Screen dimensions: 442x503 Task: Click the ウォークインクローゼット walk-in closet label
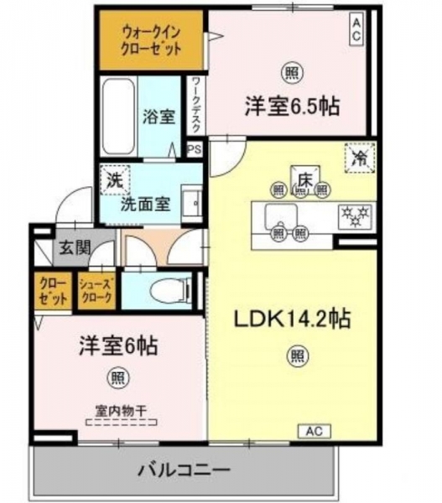coord(152,41)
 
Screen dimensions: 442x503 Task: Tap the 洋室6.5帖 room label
coord(292,106)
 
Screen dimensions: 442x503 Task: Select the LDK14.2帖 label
coord(292,319)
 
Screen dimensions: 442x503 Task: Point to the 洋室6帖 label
coord(118,345)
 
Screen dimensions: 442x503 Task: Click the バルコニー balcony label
coord(185,470)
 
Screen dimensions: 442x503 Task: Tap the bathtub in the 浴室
coord(117,117)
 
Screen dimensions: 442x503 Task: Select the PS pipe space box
coord(195,149)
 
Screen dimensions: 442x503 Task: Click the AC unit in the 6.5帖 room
coord(356,29)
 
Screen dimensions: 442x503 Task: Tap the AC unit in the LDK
coord(315,431)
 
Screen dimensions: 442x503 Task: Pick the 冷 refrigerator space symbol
coord(360,158)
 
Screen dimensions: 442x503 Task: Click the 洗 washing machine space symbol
coord(115,180)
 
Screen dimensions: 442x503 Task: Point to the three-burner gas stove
coord(356,216)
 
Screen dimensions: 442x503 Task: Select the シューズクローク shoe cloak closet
coord(96,291)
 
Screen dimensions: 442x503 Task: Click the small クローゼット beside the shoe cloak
coord(54,291)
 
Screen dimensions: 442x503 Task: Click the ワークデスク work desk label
coord(195,106)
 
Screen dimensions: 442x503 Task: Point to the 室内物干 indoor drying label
coord(121,411)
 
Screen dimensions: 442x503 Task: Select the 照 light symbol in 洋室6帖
coord(118,377)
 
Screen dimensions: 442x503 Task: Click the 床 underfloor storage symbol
coord(305,180)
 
